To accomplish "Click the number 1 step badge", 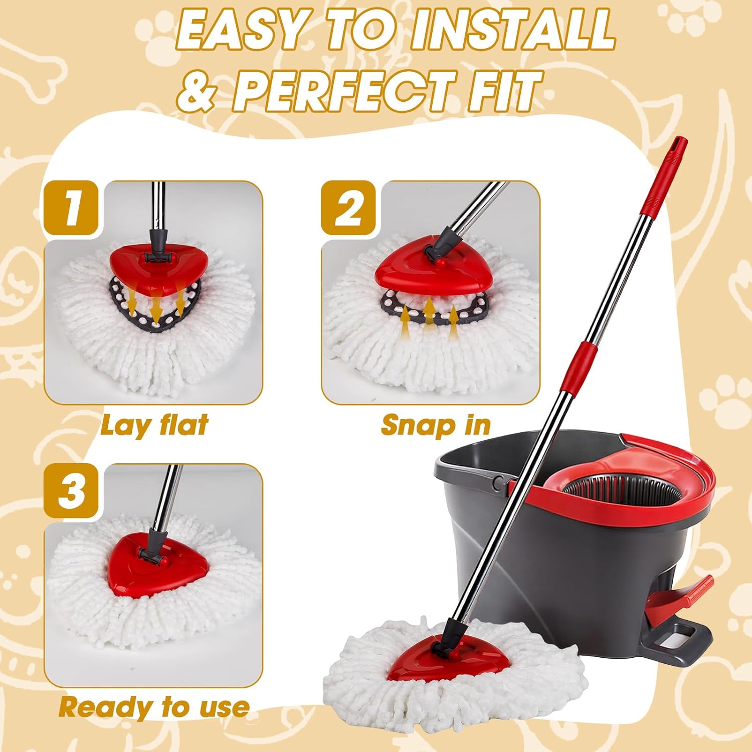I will [71, 208].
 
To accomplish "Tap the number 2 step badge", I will [348, 208].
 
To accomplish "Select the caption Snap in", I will [436, 426].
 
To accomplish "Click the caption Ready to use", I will [154, 707].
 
